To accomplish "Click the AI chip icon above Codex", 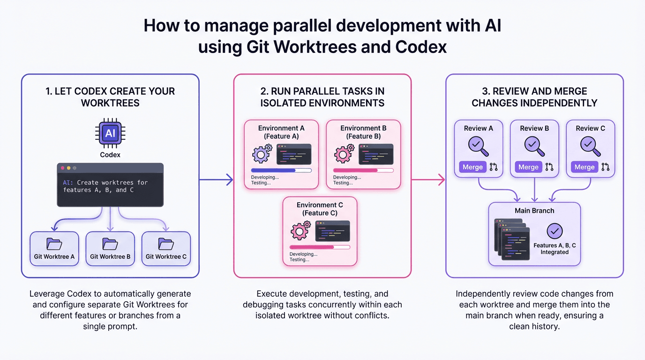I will [x=110, y=134].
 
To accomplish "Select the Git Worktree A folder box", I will [x=54, y=248].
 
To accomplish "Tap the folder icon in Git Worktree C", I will [x=166, y=244].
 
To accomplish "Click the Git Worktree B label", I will [x=110, y=256].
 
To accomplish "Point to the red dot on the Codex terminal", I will [x=63, y=168].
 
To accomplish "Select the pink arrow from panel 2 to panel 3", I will [x=428, y=179].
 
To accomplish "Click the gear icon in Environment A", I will [x=262, y=154].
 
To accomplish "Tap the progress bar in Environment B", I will [x=363, y=171].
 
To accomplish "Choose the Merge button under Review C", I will [x=584, y=167].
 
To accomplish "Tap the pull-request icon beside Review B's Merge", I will [x=549, y=167].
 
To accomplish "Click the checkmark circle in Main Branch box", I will [x=555, y=231].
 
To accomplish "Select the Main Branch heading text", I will [x=534, y=210].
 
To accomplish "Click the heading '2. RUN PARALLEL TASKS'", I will [x=322, y=91].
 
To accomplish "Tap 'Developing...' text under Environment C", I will [x=303, y=254].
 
